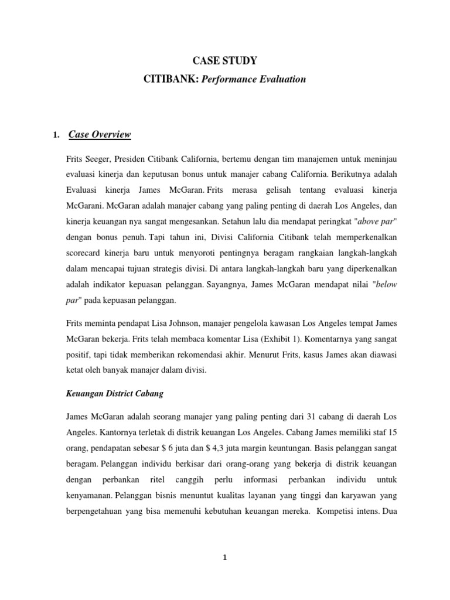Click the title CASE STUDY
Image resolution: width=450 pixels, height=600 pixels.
point(225,60)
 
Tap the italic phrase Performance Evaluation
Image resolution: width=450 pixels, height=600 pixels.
point(254,79)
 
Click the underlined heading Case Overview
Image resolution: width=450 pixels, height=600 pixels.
point(100,135)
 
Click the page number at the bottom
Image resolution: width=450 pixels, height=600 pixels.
point(225,558)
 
